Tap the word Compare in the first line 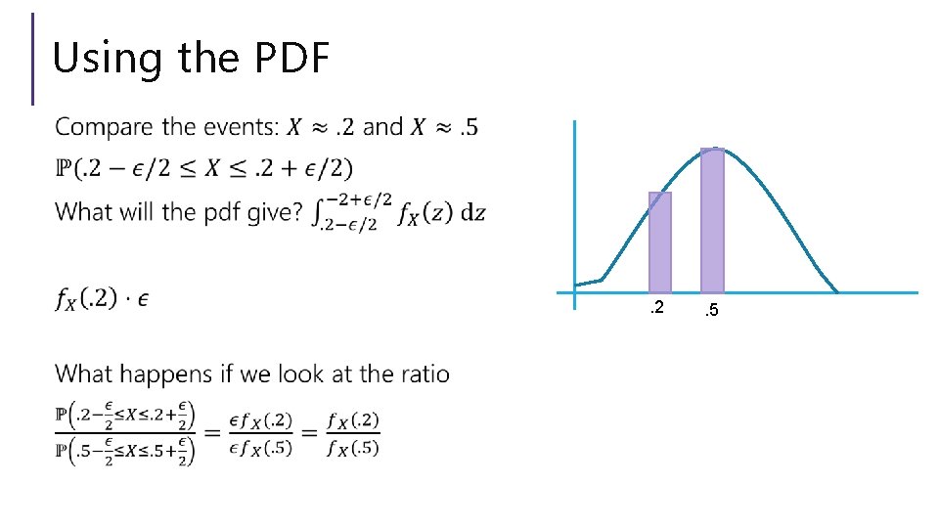(103, 127)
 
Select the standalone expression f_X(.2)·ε (102, 299)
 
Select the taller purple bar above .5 (712, 220)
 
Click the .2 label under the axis (657, 309)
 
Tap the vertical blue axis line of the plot (575, 196)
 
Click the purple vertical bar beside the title (33, 59)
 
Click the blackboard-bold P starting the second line (62, 169)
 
